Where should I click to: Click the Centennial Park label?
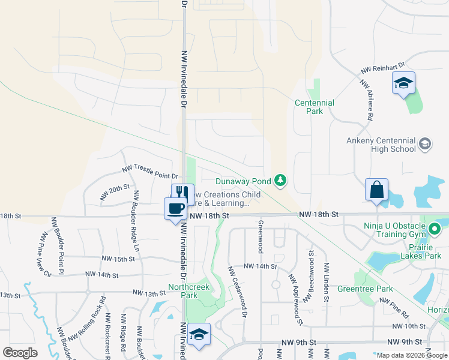click(314, 107)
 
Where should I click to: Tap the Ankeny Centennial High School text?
click(381, 145)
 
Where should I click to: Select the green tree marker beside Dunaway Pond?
click(280, 180)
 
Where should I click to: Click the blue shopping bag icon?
click(376, 190)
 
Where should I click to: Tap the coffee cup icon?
click(175, 209)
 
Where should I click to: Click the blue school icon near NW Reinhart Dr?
click(403, 83)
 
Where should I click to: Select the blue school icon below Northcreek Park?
click(199, 335)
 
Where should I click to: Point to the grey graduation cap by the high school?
click(425, 143)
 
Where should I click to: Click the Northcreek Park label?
click(183, 291)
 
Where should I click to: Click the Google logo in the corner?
click(20, 353)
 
